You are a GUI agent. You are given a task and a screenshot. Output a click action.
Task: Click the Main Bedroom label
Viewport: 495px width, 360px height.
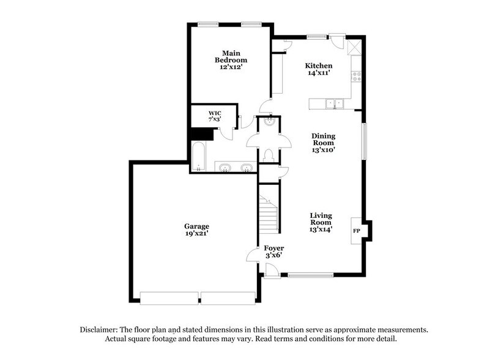coord(231,60)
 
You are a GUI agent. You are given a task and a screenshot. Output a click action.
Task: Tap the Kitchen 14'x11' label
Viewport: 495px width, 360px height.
coord(319,69)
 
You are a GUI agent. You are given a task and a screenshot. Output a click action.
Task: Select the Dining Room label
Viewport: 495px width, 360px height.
coord(323,143)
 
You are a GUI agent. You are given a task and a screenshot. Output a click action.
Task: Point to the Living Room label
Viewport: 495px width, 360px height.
coord(321,222)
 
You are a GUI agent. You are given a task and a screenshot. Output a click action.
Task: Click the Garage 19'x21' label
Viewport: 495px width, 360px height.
coord(196,230)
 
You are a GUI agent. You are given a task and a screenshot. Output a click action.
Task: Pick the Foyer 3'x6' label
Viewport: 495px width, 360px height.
coord(274,252)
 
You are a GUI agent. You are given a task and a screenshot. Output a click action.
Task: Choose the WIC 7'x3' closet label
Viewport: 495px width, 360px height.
coord(215,116)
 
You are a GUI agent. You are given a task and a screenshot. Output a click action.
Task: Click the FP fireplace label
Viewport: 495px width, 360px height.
coord(357,231)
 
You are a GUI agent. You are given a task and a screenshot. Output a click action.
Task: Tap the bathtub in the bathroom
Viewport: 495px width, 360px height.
coord(199,156)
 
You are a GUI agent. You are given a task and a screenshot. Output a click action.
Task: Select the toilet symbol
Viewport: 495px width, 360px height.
coord(269,156)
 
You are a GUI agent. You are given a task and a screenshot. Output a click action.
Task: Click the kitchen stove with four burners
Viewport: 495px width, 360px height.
coord(357,77)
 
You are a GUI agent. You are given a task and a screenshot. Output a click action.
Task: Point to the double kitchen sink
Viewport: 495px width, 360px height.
coord(335,103)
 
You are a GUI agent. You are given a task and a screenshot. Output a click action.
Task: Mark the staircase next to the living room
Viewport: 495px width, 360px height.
coord(269,214)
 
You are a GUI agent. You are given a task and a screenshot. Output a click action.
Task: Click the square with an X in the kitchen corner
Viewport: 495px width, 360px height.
coord(354,48)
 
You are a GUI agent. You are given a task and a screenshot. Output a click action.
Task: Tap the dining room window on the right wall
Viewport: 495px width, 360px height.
coord(364,141)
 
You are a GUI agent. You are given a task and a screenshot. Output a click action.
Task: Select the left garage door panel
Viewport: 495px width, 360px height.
coord(169,298)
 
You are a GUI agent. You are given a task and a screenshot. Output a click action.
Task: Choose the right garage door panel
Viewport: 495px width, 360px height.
coord(228,298)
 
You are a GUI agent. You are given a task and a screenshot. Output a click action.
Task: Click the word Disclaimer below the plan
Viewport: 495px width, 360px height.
coord(99,330)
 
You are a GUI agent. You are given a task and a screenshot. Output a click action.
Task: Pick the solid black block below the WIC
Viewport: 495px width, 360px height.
coord(202,134)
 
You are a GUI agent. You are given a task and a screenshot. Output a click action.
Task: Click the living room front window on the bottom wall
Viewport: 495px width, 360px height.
coord(310,275)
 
